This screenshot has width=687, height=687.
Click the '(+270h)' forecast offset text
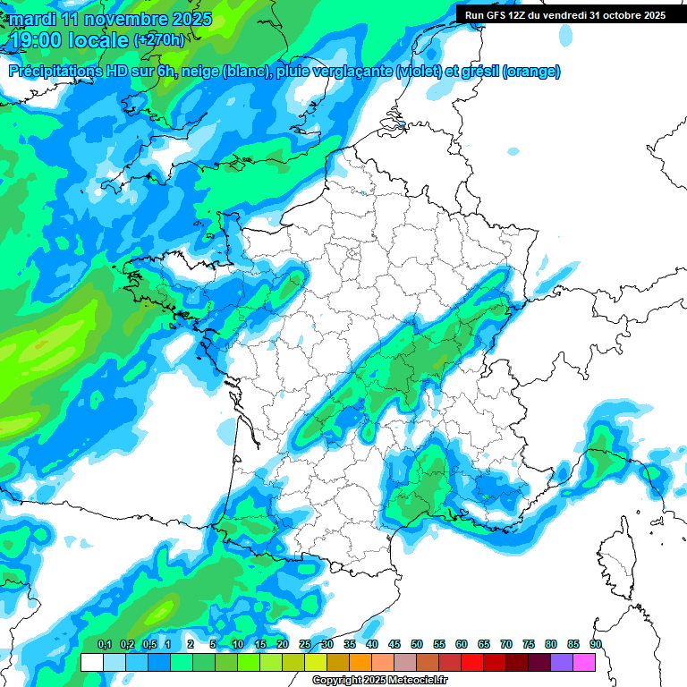159,39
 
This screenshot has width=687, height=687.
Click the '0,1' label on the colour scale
105,645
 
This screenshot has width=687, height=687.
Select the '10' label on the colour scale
238,645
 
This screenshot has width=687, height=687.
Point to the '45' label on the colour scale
394,645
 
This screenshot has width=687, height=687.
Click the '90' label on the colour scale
596,645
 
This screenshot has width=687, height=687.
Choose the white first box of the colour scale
92,662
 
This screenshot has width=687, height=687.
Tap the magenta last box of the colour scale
584,662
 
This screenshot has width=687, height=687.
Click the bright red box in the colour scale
472,662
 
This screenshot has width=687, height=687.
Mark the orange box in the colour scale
360,662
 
